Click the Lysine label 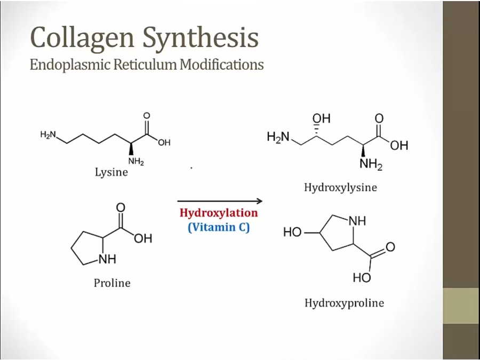click(x=111, y=172)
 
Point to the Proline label click(x=112, y=283)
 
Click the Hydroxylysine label click(x=340, y=187)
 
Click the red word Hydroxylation click(x=219, y=213)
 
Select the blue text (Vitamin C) click(x=219, y=227)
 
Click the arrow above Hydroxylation click(x=220, y=201)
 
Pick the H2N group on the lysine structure click(x=48, y=135)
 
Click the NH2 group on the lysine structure click(x=135, y=162)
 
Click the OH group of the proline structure click(x=143, y=238)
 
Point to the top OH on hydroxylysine click(x=322, y=118)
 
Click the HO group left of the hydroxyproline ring click(x=292, y=233)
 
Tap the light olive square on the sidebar click(x=461, y=306)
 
